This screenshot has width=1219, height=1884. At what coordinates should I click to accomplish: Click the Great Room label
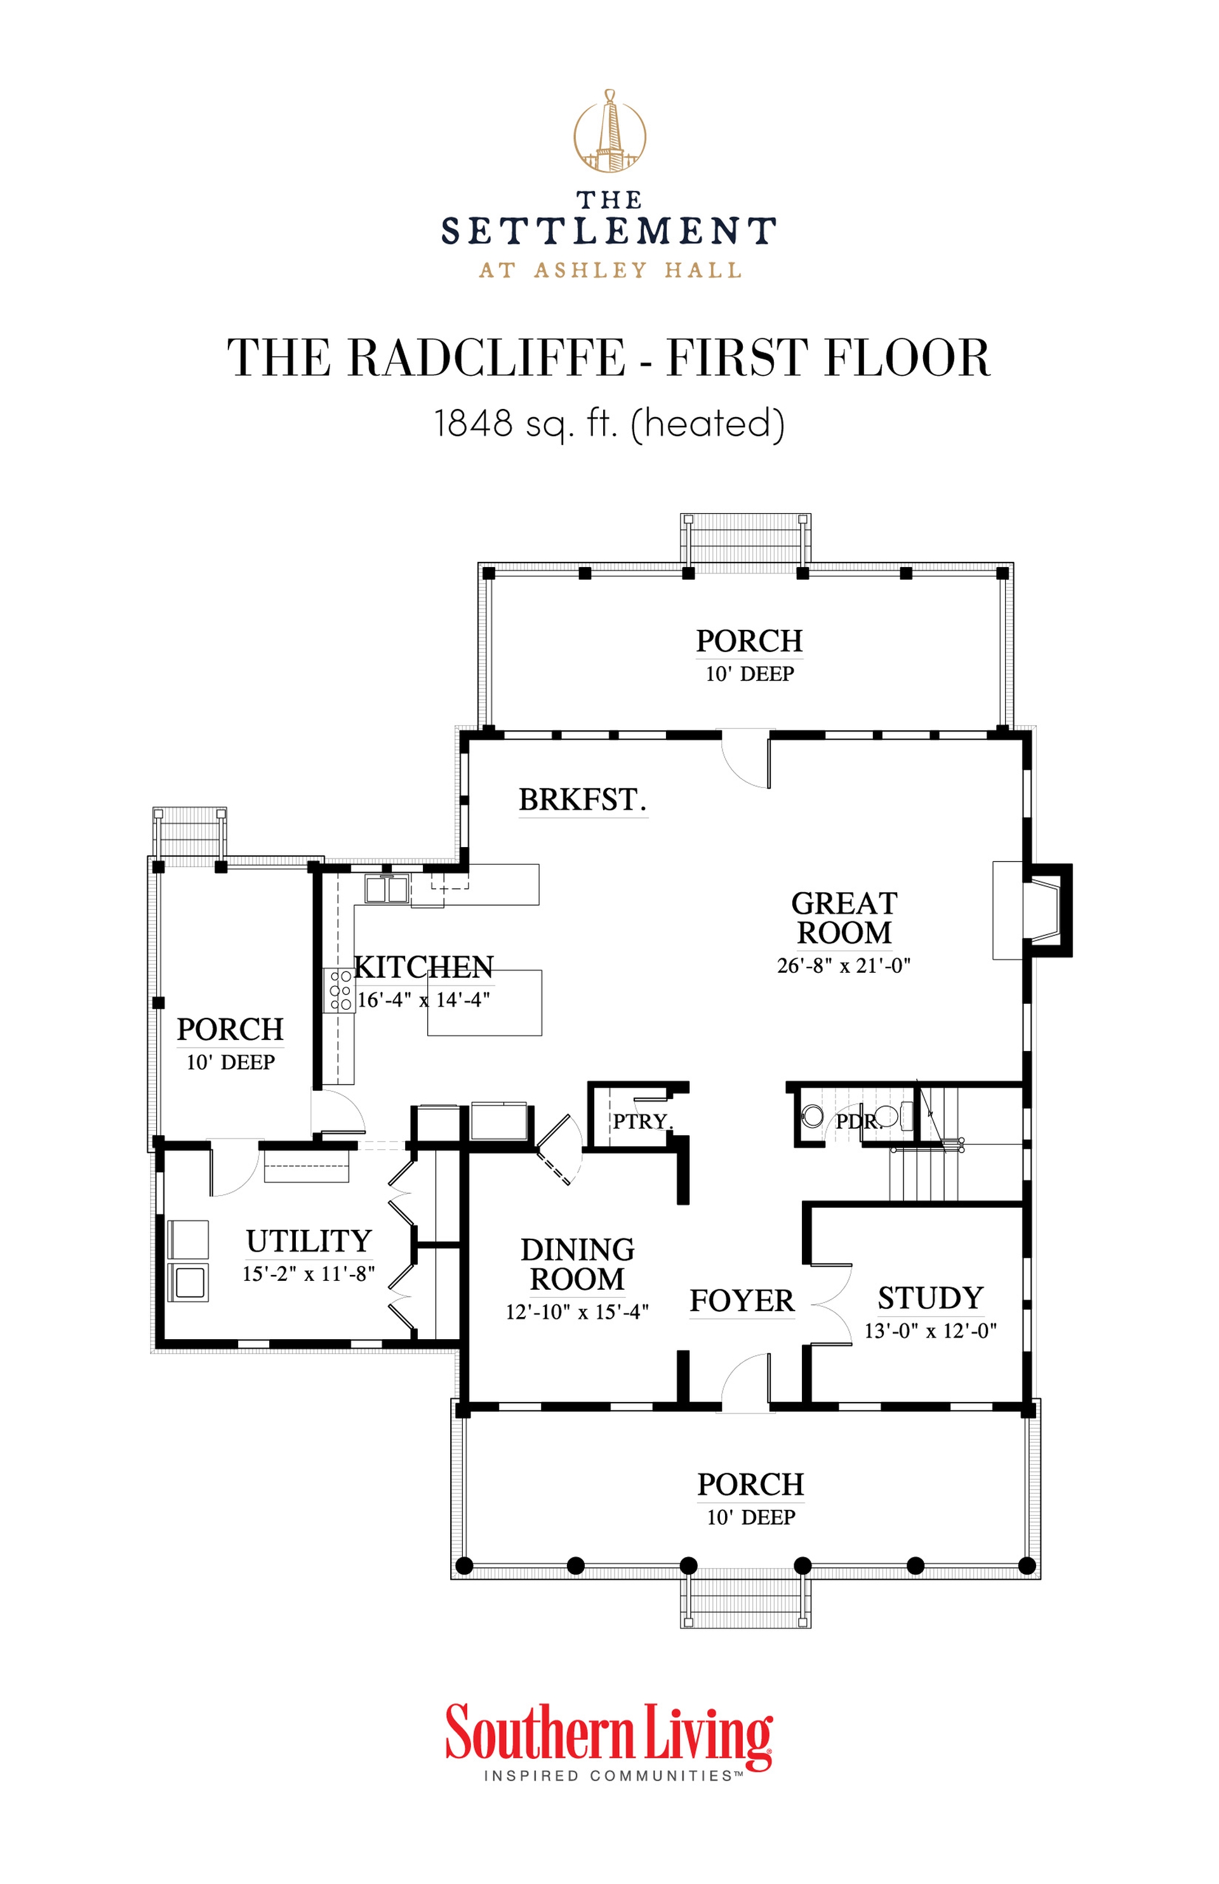tap(844, 918)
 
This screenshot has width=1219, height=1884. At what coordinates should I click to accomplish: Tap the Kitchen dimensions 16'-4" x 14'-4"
tap(423, 1000)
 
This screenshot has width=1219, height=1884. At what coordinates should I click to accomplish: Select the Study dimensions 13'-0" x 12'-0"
tap(930, 1331)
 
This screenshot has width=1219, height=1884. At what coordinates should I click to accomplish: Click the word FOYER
tap(742, 1301)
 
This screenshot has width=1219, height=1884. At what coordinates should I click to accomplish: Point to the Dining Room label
tap(577, 1264)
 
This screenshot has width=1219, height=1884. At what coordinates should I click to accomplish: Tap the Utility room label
tap(309, 1241)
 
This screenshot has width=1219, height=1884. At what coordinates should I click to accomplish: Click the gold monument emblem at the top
tap(609, 131)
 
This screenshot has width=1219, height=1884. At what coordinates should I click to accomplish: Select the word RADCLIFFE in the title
tap(486, 357)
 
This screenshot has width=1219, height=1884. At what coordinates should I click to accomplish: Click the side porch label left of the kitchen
tap(230, 1030)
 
